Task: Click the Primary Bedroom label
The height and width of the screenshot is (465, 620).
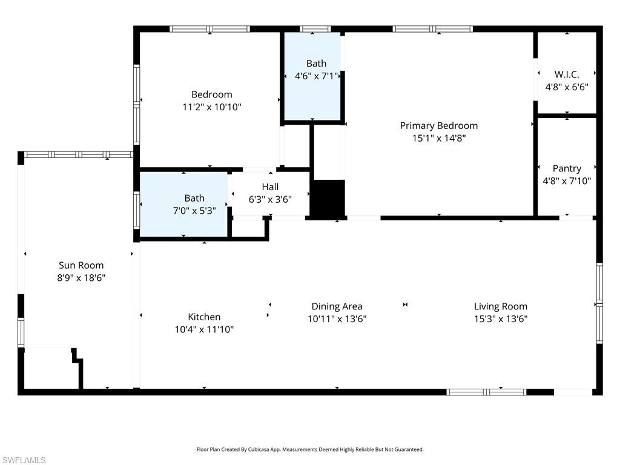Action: point(438,126)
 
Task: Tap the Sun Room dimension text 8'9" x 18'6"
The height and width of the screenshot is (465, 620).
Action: point(81,278)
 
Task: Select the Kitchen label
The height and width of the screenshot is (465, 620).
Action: point(204,317)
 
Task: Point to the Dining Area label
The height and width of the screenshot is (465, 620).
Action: point(337,306)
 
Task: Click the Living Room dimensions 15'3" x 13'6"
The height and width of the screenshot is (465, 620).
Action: point(500,319)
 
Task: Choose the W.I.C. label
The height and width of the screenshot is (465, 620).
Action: point(567,74)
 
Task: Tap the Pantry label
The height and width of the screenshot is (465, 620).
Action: point(567,168)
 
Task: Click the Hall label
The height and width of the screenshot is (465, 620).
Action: point(270,186)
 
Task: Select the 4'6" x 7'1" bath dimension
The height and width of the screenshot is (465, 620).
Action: point(316,76)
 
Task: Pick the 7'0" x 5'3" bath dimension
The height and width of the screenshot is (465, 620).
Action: point(194,211)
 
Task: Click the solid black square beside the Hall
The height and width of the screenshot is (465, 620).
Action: point(327,198)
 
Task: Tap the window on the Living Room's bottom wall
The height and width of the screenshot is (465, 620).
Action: point(486,392)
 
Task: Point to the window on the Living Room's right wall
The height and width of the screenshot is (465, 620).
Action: point(599,303)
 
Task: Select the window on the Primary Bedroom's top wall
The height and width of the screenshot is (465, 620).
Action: point(432,28)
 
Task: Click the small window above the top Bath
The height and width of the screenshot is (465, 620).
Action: point(315,28)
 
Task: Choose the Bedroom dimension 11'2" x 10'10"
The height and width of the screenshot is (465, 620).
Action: point(211,107)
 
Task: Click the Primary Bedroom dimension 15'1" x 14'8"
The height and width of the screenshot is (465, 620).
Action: point(438,138)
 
